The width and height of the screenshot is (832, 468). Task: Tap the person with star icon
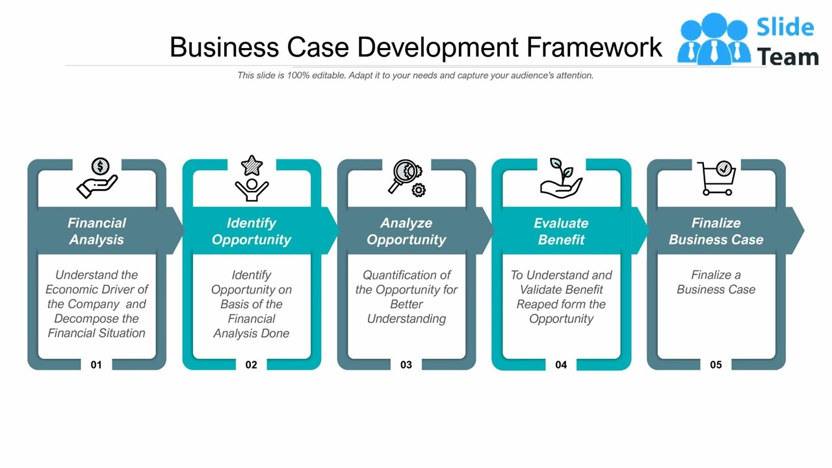point(252,177)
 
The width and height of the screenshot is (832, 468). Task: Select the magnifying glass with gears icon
point(407,177)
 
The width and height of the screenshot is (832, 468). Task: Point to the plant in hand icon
point(561,177)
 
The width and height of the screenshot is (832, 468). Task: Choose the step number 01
point(96,365)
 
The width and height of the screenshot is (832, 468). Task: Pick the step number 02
point(251,365)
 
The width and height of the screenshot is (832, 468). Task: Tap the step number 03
point(406,365)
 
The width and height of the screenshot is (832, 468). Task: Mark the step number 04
point(561,365)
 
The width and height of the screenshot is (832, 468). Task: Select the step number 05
point(716,365)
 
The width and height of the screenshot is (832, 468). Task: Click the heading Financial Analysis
point(97,231)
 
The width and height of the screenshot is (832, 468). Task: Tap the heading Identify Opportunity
point(252,231)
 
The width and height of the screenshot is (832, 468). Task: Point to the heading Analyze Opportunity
point(406,231)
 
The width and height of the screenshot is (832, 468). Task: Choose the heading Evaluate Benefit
point(561,231)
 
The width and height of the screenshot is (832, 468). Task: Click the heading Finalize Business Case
point(716,231)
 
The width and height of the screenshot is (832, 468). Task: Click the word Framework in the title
point(594,47)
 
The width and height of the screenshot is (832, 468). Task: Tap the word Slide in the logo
point(785,27)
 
